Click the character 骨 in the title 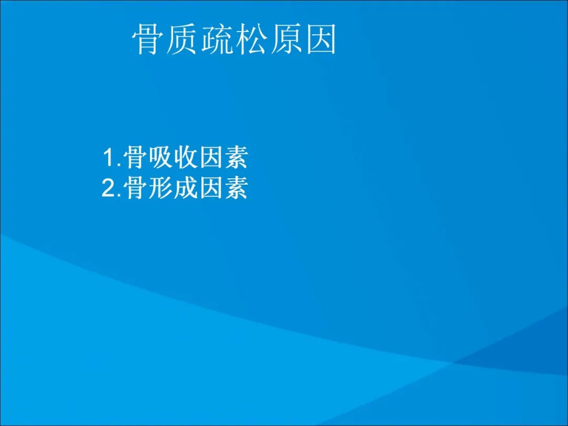click(146, 39)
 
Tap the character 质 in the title click(181, 39)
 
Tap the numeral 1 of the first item click(109, 158)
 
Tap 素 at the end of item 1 click(236, 158)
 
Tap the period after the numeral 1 click(119, 165)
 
